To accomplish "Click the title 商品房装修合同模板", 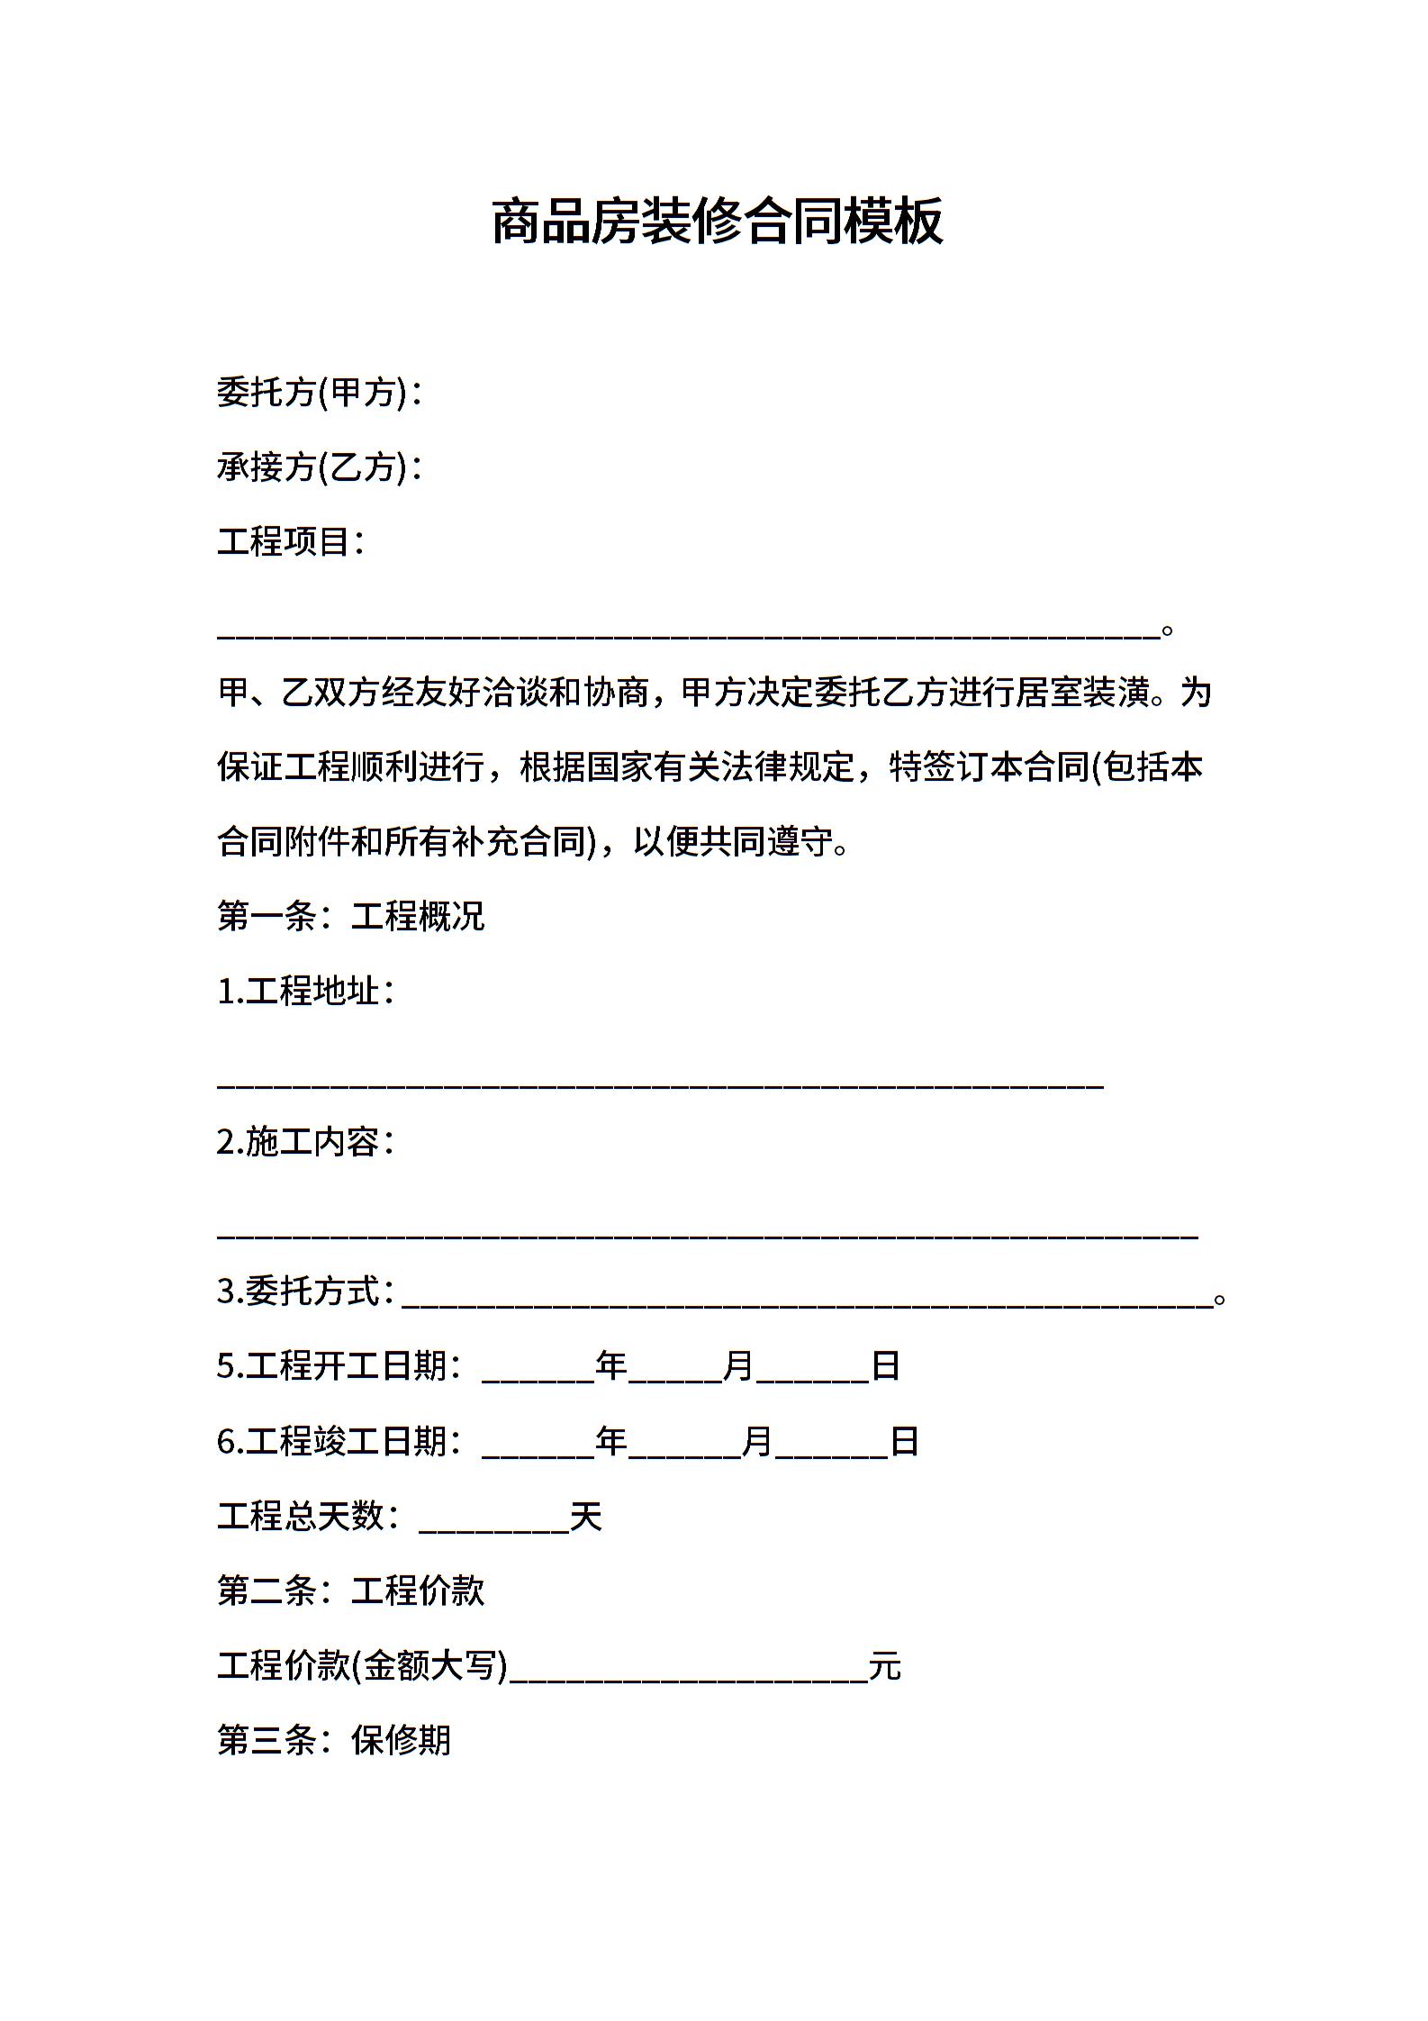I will tap(717, 222).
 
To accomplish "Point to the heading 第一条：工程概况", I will tap(351, 916).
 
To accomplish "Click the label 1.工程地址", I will tap(305, 992).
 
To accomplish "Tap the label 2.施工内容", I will tap(305, 1142).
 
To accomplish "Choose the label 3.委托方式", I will tap(305, 1291).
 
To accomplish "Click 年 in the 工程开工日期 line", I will tap(611, 1366).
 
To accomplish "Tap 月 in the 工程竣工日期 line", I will tap(757, 1441).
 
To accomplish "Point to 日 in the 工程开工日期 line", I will tap(886, 1366).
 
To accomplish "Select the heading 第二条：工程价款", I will tap(351, 1591).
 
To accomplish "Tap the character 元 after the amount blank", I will tap(885, 1667).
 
